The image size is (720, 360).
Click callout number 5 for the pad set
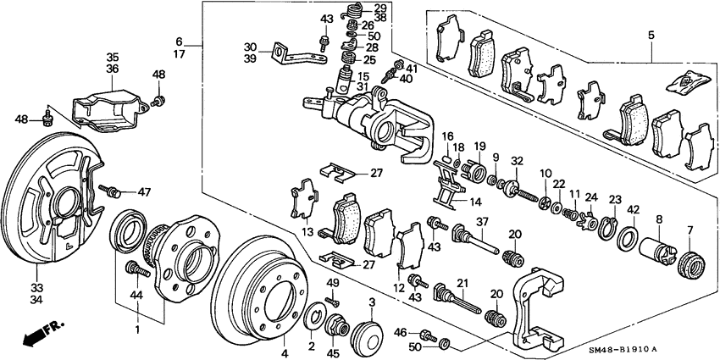pyautogui.click(x=651, y=36)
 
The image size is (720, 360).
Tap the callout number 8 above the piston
pyautogui.click(x=659, y=219)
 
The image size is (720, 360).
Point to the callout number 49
pyautogui.click(x=333, y=282)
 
